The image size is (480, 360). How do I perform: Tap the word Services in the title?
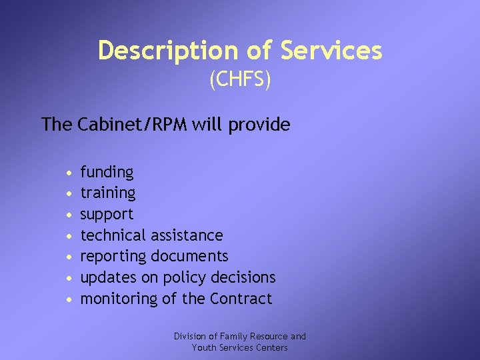[x=331, y=51]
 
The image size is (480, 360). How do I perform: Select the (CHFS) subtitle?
[x=240, y=81]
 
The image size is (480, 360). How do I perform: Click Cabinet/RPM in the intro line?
[x=133, y=124]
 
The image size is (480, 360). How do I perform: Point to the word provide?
[x=261, y=125]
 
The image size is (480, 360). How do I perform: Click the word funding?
[x=107, y=173]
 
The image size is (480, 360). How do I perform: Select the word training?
[x=108, y=193]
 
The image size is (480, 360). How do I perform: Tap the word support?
[x=107, y=215]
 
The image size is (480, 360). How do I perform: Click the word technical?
[x=113, y=235]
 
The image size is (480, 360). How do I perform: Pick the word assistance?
[x=187, y=235]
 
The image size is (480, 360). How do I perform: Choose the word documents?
[x=190, y=256]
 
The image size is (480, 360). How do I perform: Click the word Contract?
[x=241, y=299]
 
